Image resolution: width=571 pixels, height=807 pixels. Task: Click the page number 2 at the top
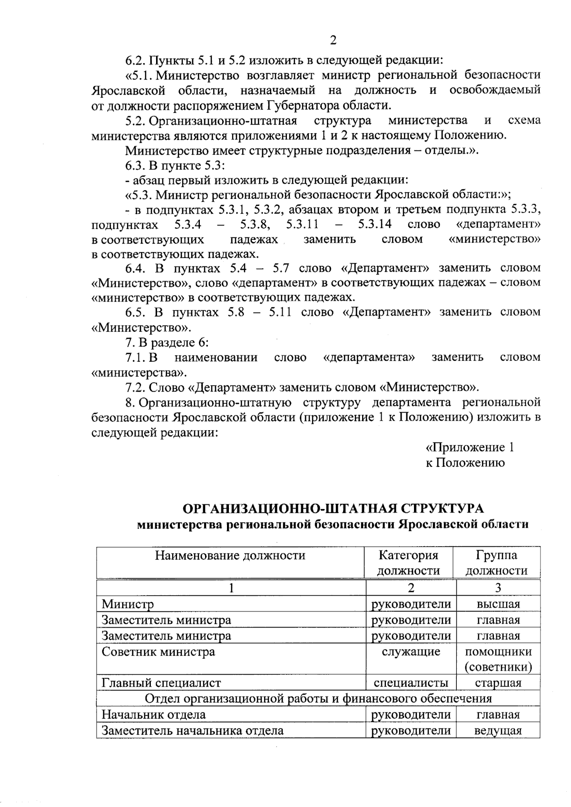click(x=333, y=40)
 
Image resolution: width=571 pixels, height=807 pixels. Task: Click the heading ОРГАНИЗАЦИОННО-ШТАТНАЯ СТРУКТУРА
click(x=333, y=508)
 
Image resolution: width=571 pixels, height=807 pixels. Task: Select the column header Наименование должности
click(x=230, y=555)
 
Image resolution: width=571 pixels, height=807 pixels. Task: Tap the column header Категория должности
click(x=408, y=563)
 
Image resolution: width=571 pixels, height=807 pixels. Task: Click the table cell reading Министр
click(x=128, y=604)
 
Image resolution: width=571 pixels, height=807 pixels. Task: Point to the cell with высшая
click(x=498, y=604)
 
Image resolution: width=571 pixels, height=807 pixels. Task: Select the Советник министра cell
click(x=158, y=651)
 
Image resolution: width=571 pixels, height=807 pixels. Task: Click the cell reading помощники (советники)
click(x=498, y=659)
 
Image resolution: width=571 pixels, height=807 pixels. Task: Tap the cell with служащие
click(x=411, y=651)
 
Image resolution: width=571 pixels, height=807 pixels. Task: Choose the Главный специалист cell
click(x=161, y=683)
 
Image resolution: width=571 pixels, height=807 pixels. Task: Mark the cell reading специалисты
click(x=411, y=683)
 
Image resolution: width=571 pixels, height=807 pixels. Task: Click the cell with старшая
click(x=498, y=683)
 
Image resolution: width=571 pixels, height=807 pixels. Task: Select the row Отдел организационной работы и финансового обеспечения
click(x=318, y=699)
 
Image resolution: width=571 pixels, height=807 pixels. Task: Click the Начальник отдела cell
click(x=154, y=714)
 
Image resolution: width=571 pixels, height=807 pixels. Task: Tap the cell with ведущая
click(x=498, y=730)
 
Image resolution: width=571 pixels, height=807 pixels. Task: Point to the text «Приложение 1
click(x=469, y=447)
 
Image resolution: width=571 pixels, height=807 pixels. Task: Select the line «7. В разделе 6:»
click(x=167, y=343)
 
